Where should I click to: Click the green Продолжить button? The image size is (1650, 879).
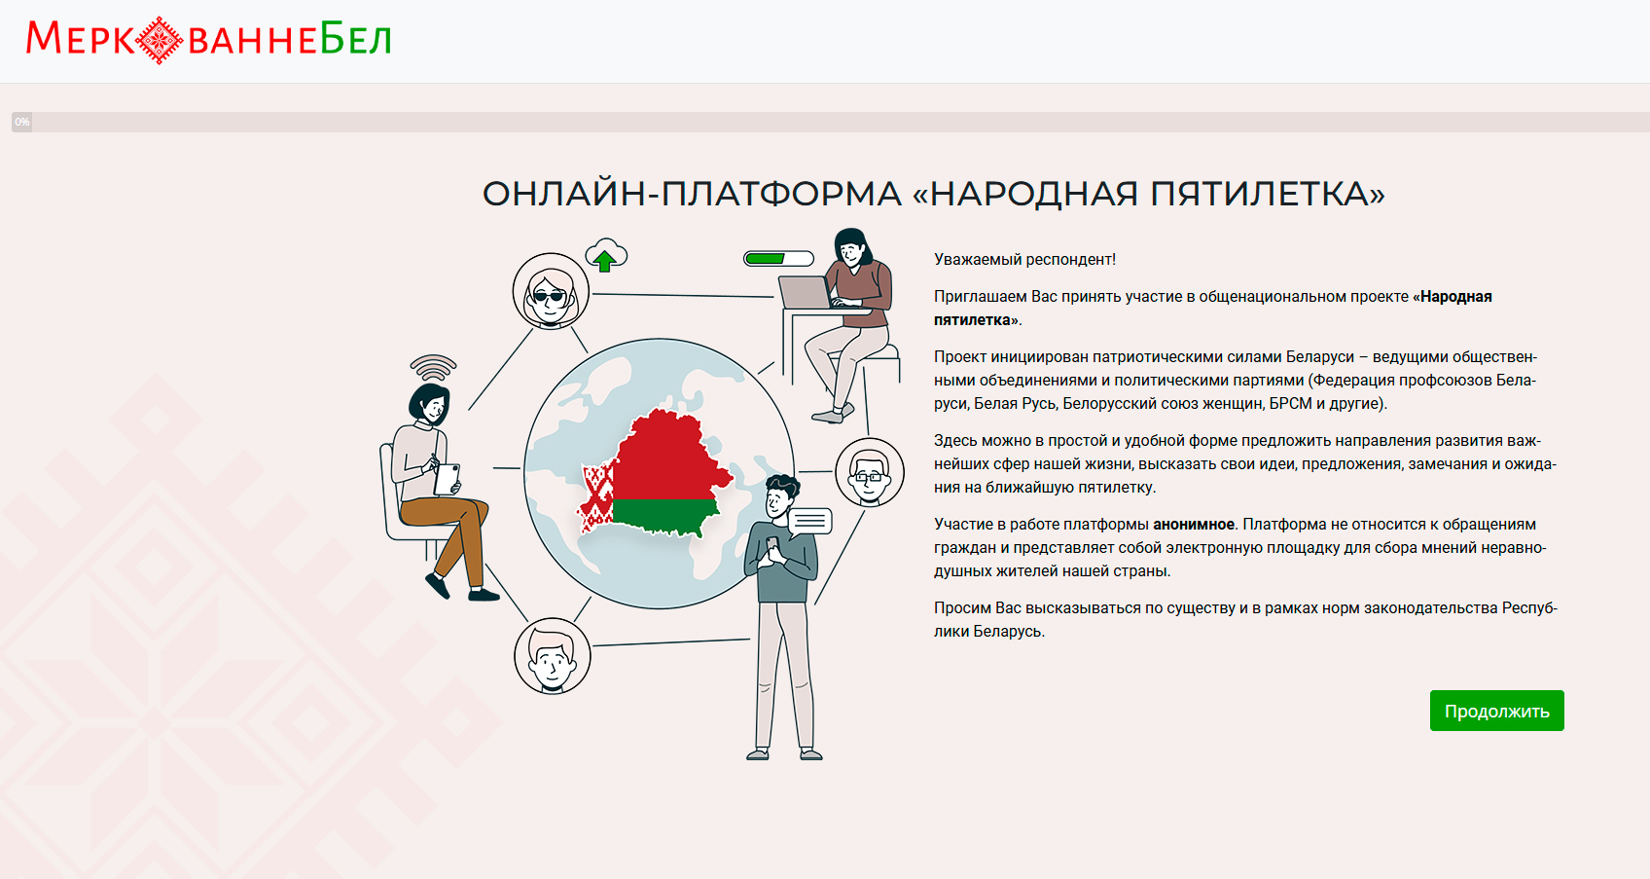pyautogui.click(x=1496, y=711)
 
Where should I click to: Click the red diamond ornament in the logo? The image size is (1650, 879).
pyautogui.click(x=159, y=40)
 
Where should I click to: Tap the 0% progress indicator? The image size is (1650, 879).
pyautogui.click(x=22, y=123)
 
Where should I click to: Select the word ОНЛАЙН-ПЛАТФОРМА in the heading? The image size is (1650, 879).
pyautogui.click(x=692, y=194)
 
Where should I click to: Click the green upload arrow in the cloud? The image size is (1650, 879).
pyautogui.click(x=605, y=260)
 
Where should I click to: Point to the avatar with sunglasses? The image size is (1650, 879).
pyautogui.click(x=551, y=291)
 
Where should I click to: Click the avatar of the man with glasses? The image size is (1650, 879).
pyautogui.click(x=869, y=472)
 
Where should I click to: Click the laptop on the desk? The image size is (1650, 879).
pyautogui.click(x=807, y=292)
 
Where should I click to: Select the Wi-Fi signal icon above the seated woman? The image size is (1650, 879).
pyautogui.click(x=434, y=367)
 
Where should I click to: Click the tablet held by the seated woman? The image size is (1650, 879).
pyautogui.click(x=447, y=479)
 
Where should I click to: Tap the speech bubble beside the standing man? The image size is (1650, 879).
pyautogui.click(x=809, y=521)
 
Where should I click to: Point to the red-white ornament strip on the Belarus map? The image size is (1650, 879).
pyautogui.click(x=596, y=496)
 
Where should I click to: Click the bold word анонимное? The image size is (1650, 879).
pyautogui.click(x=1194, y=525)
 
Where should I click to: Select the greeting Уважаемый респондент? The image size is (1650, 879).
pyautogui.click(x=1024, y=259)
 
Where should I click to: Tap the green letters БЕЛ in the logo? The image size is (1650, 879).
pyautogui.click(x=356, y=38)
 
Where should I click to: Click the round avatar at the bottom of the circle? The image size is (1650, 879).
pyautogui.click(x=552, y=656)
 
